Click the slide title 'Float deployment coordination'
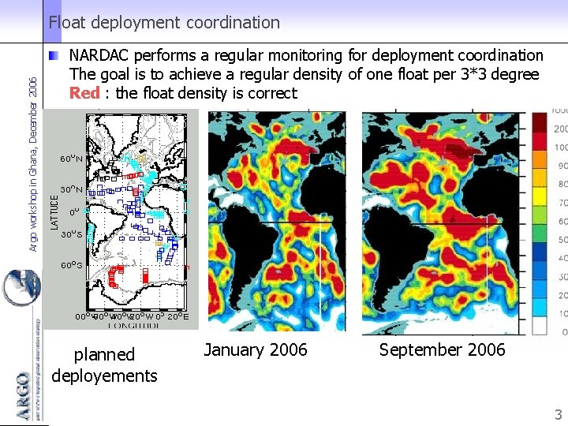click(164, 23)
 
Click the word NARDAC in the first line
click(99, 55)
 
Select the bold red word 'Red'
click(84, 93)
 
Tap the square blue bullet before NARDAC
click(53, 56)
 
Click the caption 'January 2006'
click(256, 349)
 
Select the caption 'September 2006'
click(442, 349)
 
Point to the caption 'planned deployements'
click(104, 364)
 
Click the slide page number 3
click(557, 415)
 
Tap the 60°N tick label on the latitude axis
click(72, 159)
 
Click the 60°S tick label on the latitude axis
click(72, 265)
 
